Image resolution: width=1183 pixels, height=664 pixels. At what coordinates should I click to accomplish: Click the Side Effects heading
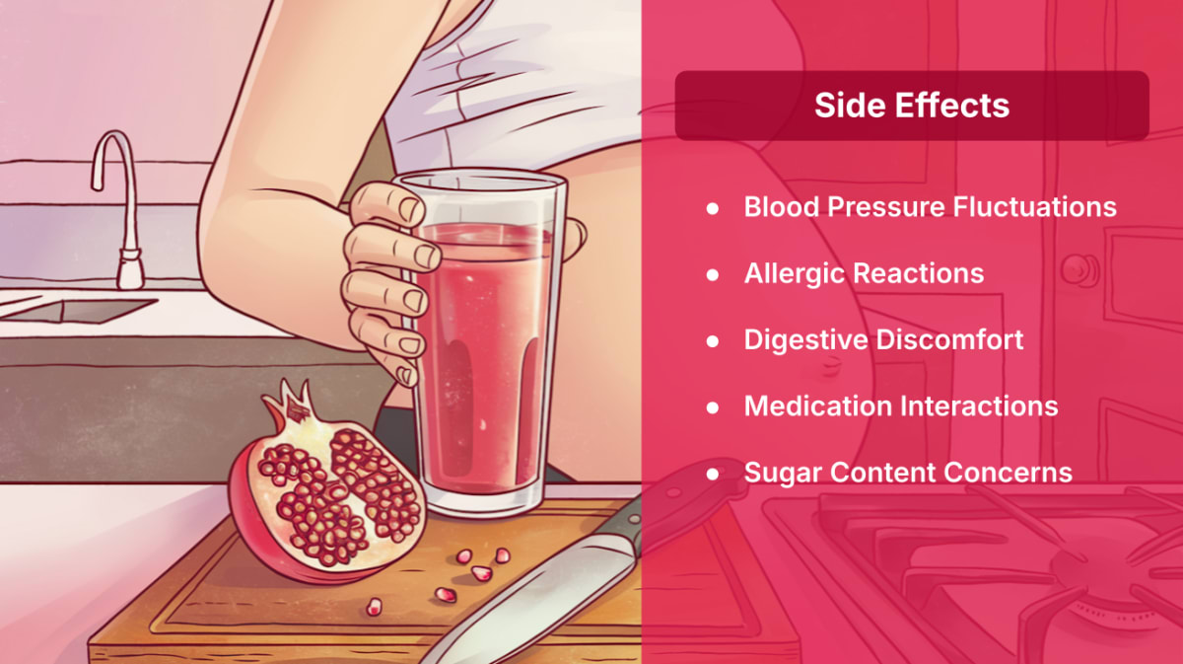(912, 106)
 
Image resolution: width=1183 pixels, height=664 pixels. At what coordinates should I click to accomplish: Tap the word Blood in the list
(782, 206)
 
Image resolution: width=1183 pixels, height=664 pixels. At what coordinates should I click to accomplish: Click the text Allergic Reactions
(864, 274)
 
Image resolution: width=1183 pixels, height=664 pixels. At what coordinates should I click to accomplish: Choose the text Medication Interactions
(901, 406)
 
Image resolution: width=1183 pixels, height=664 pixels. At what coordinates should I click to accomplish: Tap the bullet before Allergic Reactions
(713, 274)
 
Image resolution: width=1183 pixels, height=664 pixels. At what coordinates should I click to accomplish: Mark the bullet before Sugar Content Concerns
(713, 474)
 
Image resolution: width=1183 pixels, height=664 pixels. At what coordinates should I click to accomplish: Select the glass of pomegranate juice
(483, 342)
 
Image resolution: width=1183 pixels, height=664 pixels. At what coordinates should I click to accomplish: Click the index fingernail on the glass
(411, 209)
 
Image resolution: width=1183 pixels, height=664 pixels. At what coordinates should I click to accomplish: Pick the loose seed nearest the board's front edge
(374, 607)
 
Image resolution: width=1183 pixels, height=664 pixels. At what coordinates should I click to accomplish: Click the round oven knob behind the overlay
(1079, 269)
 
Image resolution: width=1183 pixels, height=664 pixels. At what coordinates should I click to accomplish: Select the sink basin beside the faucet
(79, 309)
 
